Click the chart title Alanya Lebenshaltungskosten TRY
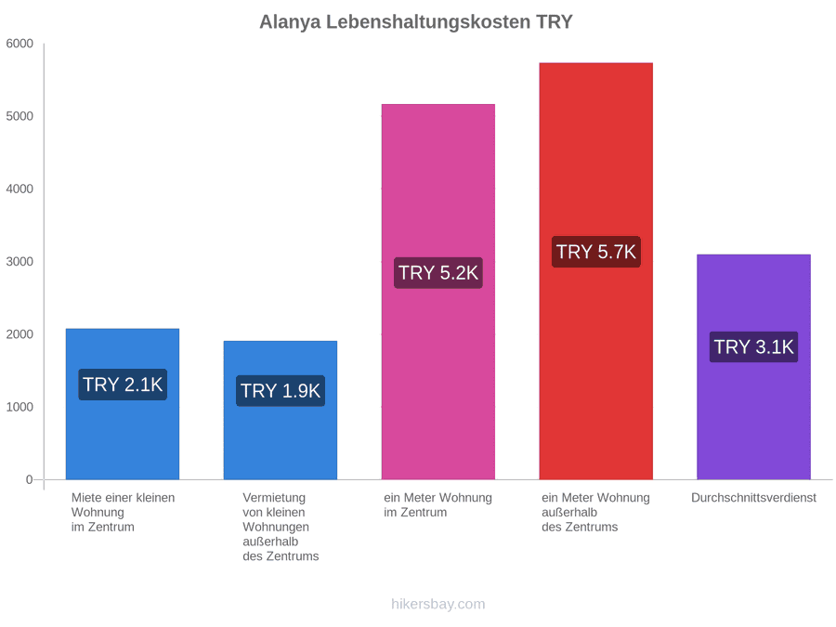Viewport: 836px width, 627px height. pos(416,22)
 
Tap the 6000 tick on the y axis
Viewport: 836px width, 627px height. pos(20,44)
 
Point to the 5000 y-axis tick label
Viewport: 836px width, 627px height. pos(20,116)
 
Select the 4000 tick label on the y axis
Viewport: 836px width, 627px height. pos(20,189)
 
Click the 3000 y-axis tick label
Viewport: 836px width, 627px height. pos(20,262)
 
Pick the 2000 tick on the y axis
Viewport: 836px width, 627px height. pos(20,334)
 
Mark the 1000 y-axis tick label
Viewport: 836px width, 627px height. pos(20,407)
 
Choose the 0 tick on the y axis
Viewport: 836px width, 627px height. pos(30,479)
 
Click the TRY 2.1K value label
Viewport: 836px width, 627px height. pos(123,385)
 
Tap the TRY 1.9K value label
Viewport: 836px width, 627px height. pos(281,391)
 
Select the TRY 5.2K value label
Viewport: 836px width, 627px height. pos(438,273)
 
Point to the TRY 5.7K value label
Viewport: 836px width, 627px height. pos(596,252)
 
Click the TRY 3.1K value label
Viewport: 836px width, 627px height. pos(754,347)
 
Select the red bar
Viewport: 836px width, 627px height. pos(596,271)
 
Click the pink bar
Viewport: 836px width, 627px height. pos(438,293)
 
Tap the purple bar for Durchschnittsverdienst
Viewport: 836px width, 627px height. pos(754,367)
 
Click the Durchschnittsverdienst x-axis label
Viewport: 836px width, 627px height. pos(754,498)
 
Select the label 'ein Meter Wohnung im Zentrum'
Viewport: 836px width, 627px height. pos(438,505)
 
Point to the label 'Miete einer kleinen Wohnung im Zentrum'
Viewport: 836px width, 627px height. pos(124,513)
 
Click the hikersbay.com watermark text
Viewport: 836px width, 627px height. pos(438,604)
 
